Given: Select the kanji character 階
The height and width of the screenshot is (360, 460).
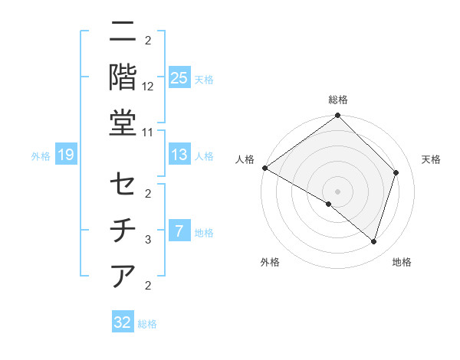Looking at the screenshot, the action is click(x=123, y=77).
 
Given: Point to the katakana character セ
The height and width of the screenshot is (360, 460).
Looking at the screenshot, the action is click(x=123, y=185).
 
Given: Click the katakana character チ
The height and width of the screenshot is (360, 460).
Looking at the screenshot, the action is click(x=123, y=230).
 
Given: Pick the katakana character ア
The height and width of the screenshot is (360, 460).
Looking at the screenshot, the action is click(x=123, y=274).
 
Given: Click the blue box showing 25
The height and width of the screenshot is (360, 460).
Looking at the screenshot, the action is click(x=179, y=77).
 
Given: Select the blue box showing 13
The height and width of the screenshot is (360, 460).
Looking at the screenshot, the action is click(x=179, y=155).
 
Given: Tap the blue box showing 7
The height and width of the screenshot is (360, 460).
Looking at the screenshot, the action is click(x=179, y=231).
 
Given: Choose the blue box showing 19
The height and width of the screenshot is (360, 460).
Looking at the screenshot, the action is click(x=65, y=155).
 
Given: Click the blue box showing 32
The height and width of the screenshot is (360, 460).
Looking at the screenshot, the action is click(x=123, y=322).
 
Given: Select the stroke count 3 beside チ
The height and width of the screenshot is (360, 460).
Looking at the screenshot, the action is click(x=148, y=240).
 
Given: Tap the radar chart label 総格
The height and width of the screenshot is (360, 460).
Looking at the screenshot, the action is click(x=338, y=100).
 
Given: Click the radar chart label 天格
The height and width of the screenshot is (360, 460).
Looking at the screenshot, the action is click(x=432, y=159).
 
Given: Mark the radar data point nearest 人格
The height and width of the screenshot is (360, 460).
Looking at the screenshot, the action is click(x=264, y=168).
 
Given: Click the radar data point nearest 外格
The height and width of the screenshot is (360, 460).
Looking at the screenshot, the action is click(x=329, y=205).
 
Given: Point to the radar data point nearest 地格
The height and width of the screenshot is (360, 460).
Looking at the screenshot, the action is click(x=373, y=241).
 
